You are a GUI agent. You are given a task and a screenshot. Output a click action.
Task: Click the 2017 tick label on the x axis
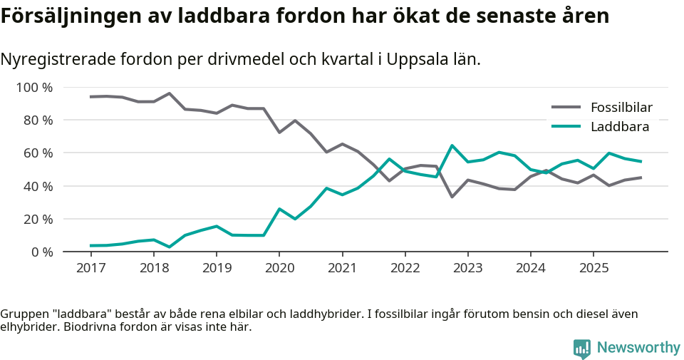90,268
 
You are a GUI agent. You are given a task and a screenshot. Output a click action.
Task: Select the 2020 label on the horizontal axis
279,268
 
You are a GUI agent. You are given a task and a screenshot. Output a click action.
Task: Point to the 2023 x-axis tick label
467,268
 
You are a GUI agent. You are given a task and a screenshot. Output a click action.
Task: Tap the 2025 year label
594,268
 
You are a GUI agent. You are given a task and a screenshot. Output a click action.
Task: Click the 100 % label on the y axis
35,88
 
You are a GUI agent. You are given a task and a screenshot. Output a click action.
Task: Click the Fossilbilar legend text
621,108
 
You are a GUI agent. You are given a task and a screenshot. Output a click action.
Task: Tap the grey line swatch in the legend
566,108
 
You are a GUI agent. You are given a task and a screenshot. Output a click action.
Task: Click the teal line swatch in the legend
566,127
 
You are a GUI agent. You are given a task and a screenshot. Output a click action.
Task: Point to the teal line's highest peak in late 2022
452,145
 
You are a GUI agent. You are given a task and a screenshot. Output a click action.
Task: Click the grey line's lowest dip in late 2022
452,197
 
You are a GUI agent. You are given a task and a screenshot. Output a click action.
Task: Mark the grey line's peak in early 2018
169,93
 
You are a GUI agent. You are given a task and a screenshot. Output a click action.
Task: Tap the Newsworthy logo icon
581,348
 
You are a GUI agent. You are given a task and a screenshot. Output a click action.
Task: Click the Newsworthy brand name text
638,348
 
